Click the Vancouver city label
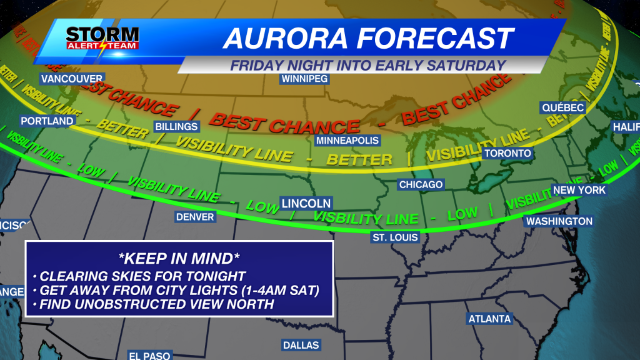[x=72, y=79]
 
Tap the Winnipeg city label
[x=305, y=79]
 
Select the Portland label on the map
[x=47, y=121]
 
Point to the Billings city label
[x=176, y=127]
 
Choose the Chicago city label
[x=421, y=184]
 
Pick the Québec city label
[x=562, y=108]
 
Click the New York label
[x=579, y=190]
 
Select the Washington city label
[x=559, y=221]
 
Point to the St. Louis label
[x=395, y=237]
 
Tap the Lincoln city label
[x=306, y=203]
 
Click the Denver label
[x=195, y=217]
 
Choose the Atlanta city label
[x=489, y=319]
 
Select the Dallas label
[x=301, y=345]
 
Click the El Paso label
[x=149, y=356]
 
